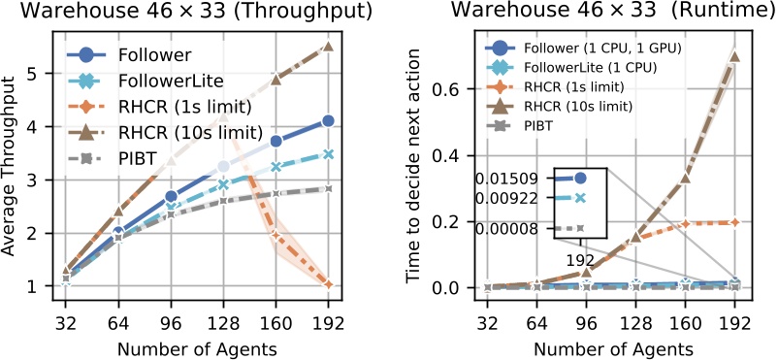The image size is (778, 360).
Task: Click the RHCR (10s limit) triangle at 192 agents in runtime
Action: (734, 55)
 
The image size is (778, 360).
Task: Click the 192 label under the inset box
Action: (579, 260)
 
